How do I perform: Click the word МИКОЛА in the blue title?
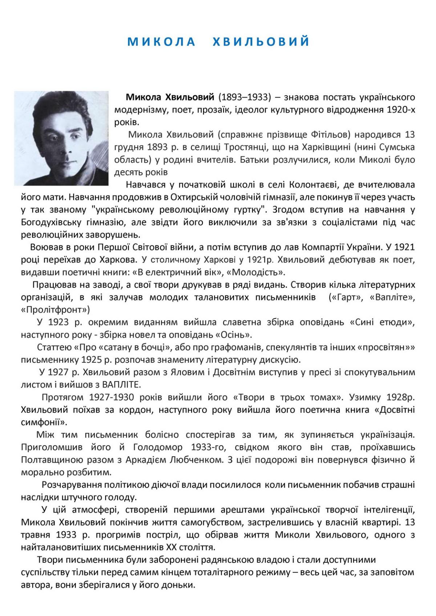point(161,41)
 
